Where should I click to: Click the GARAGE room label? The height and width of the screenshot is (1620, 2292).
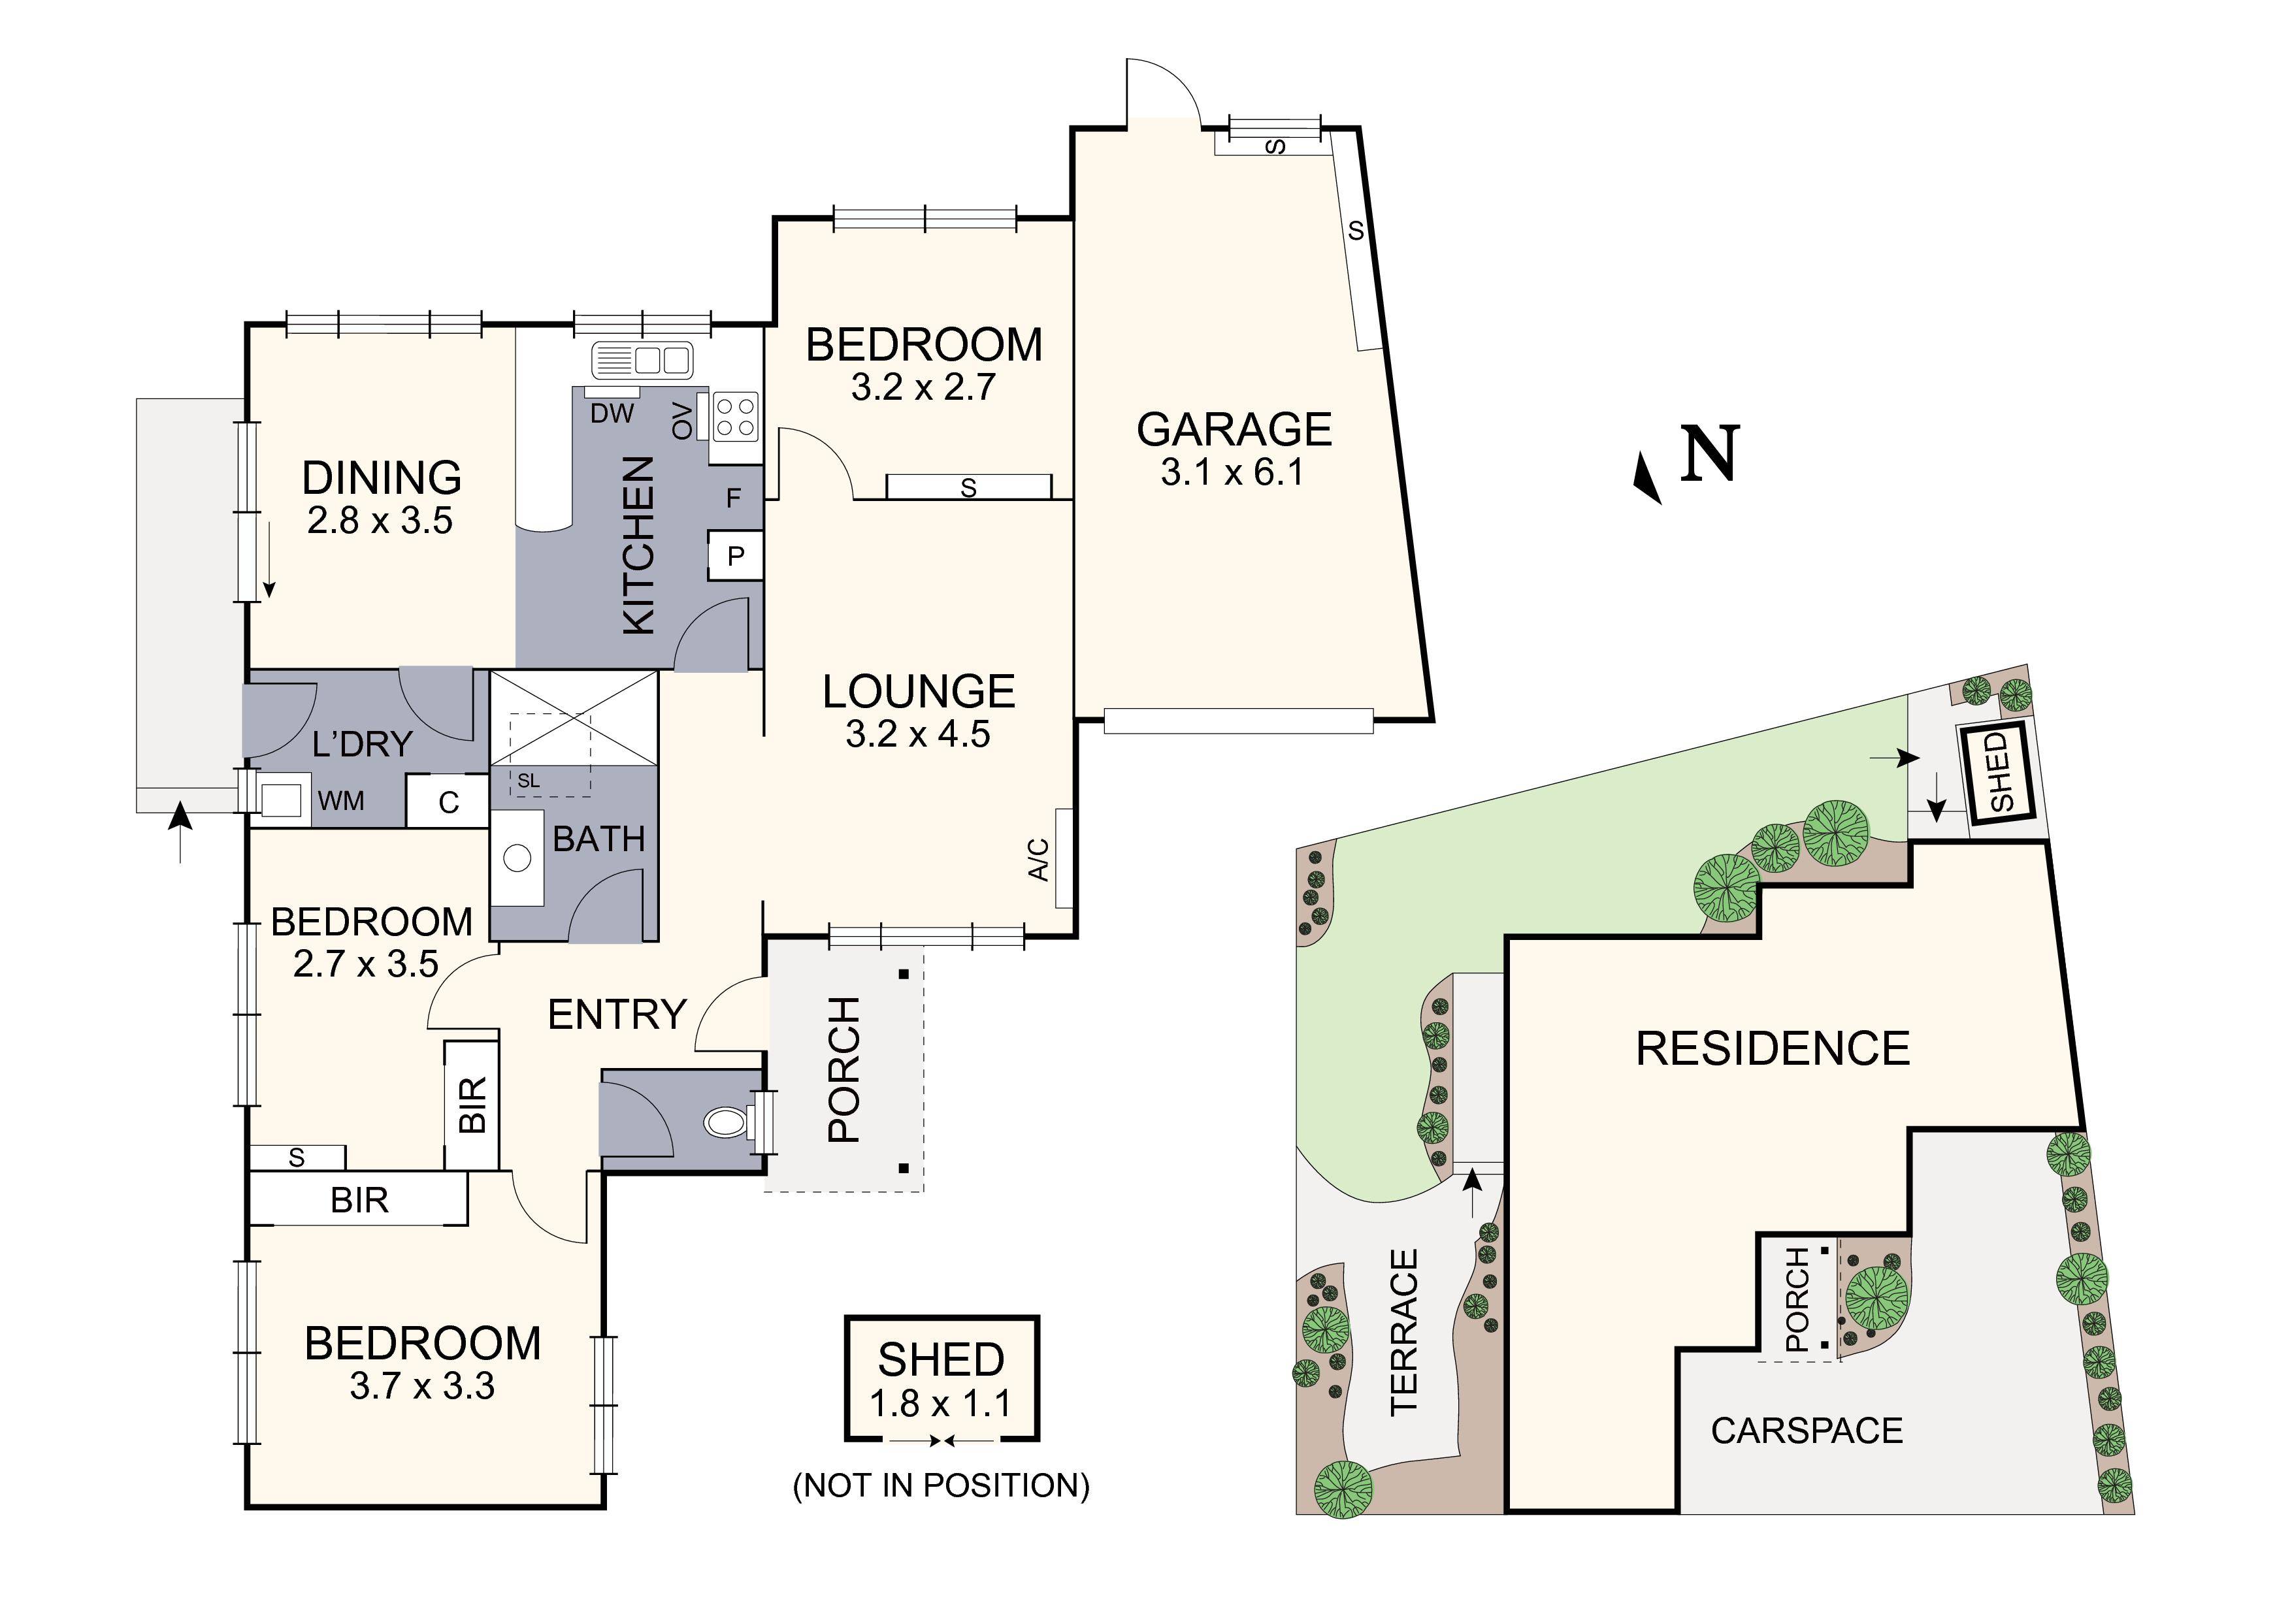(x=1234, y=429)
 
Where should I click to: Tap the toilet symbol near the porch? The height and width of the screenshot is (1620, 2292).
(x=726, y=1123)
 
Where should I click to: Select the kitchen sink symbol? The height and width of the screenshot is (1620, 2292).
(x=642, y=359)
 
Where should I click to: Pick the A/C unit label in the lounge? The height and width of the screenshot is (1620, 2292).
(x=1040, y=860)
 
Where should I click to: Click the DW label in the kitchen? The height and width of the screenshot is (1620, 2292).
(x=612, y=413)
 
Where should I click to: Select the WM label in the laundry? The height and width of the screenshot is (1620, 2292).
(x=342, y=800)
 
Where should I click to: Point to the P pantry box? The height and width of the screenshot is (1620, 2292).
(x=736, y=556)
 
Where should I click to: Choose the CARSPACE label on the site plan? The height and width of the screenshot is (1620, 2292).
(x=1807, y=1431)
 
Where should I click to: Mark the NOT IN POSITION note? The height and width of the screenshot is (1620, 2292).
(x=940, y=1485)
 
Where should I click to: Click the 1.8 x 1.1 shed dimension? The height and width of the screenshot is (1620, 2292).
(x=940, y=1403)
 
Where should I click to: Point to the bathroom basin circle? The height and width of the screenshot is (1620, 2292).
(x=517, y=858)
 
